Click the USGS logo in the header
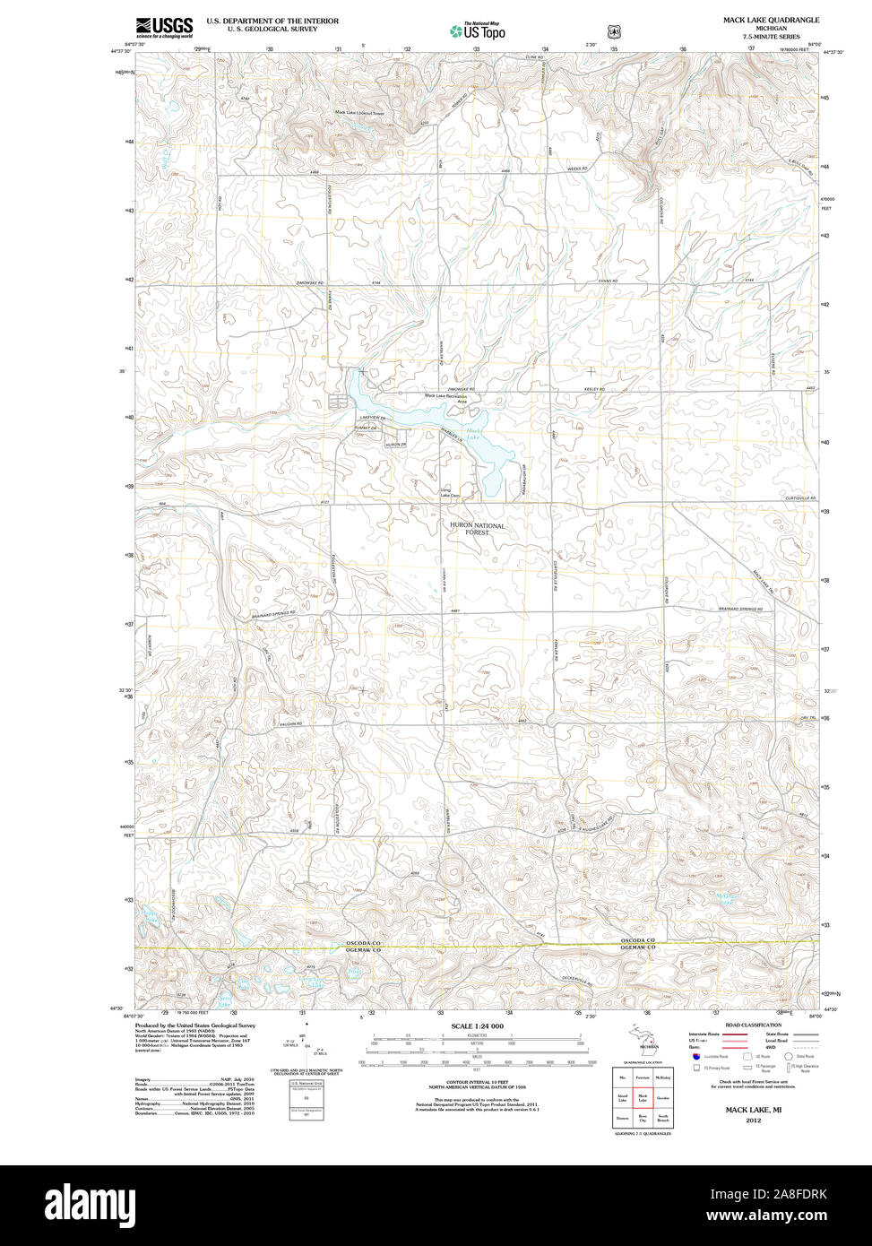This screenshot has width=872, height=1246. [x=163, y=27]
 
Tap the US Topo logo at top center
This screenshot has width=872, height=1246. [x=477, y=30]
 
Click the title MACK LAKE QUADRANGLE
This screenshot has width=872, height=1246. [x=771, y=19]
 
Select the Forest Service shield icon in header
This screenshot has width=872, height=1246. [x=614, y=31]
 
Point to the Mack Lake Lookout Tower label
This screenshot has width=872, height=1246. [x=359, y=112]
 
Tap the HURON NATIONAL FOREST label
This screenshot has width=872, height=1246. [x=477, y=529]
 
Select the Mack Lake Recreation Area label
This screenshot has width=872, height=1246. [x=446, y=398]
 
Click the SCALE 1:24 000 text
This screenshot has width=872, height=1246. [x=477, y=1025]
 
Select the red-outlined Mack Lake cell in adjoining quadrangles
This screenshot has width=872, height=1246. [x=642, y=1097]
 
